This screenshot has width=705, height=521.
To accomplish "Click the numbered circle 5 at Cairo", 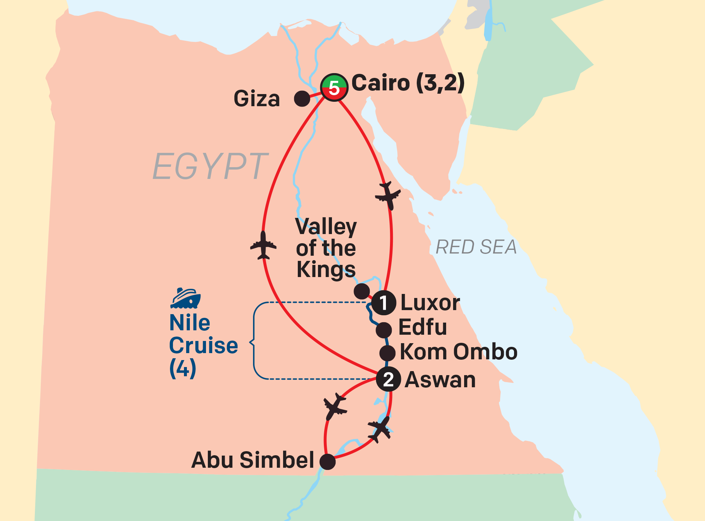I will pos(334,87).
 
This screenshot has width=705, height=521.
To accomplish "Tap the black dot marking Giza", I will pos(302,98).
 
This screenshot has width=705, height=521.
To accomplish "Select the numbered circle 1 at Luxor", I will pos(383,303).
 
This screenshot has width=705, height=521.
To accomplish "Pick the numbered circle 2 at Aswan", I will pos(388,379).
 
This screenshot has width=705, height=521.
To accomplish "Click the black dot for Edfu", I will pos(384,330).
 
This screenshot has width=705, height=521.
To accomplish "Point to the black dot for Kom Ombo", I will pos(387,353).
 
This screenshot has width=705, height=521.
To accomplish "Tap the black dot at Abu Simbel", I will pos(328,461).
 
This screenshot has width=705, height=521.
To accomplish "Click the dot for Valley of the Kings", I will pos(362,291).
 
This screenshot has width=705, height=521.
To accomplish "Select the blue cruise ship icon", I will pos(186,298).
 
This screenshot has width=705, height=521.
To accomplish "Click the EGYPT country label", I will pos(210,166).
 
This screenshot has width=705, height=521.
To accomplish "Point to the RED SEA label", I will pos(476,247).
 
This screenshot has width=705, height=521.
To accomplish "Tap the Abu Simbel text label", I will pos(253,460).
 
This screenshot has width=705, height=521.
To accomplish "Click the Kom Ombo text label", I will pos(459,352).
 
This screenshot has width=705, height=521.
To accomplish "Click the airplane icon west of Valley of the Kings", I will pos(263,245).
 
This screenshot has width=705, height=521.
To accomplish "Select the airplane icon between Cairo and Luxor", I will pos(388,195).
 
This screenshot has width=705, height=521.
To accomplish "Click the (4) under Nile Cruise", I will pos(183,369).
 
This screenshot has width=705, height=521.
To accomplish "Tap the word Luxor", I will pos(430,303).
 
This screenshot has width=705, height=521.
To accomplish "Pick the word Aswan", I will pos(440,380).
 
